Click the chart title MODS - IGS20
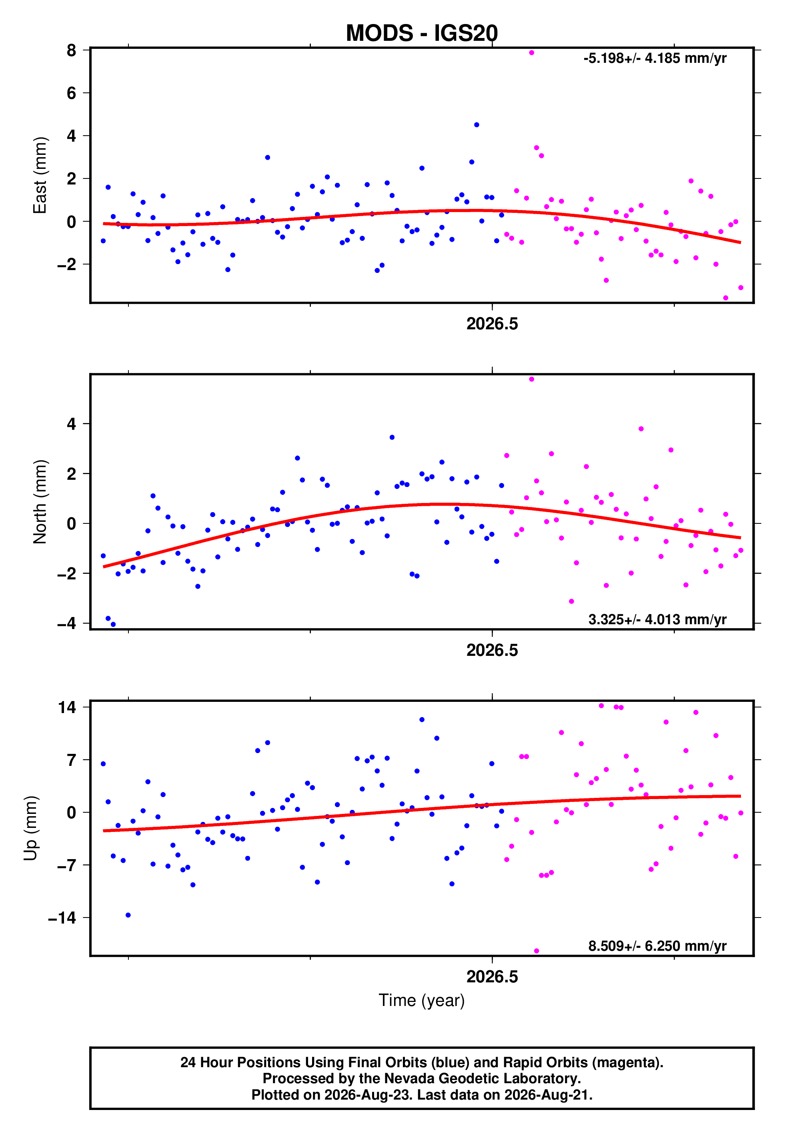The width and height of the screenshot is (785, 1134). click(x=422, y=33)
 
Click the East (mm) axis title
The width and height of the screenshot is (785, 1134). click(x=40, y=175)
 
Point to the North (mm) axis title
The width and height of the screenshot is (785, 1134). click(x=40, y=502)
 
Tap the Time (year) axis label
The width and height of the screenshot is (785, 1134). click(x=422, y=1000)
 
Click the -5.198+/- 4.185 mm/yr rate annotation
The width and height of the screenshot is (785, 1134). click(x=655, y=58)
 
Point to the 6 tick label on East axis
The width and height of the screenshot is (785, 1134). click(x=72, y=93)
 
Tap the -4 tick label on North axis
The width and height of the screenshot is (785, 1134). click(x=67, y=623)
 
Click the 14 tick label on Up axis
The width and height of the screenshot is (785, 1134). click(x=67, y=707)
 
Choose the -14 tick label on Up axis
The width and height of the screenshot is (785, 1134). click(x=62, y=918)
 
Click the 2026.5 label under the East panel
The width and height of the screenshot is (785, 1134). click(x=493, y=324)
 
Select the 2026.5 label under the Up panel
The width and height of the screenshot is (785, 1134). click(x=493, y=977)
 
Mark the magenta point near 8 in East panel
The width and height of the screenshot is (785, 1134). click(x=531, y=52)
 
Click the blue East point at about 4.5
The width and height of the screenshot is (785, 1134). click(x=477, y=125)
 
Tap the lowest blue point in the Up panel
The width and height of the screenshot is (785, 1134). click(x=128, y=915)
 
